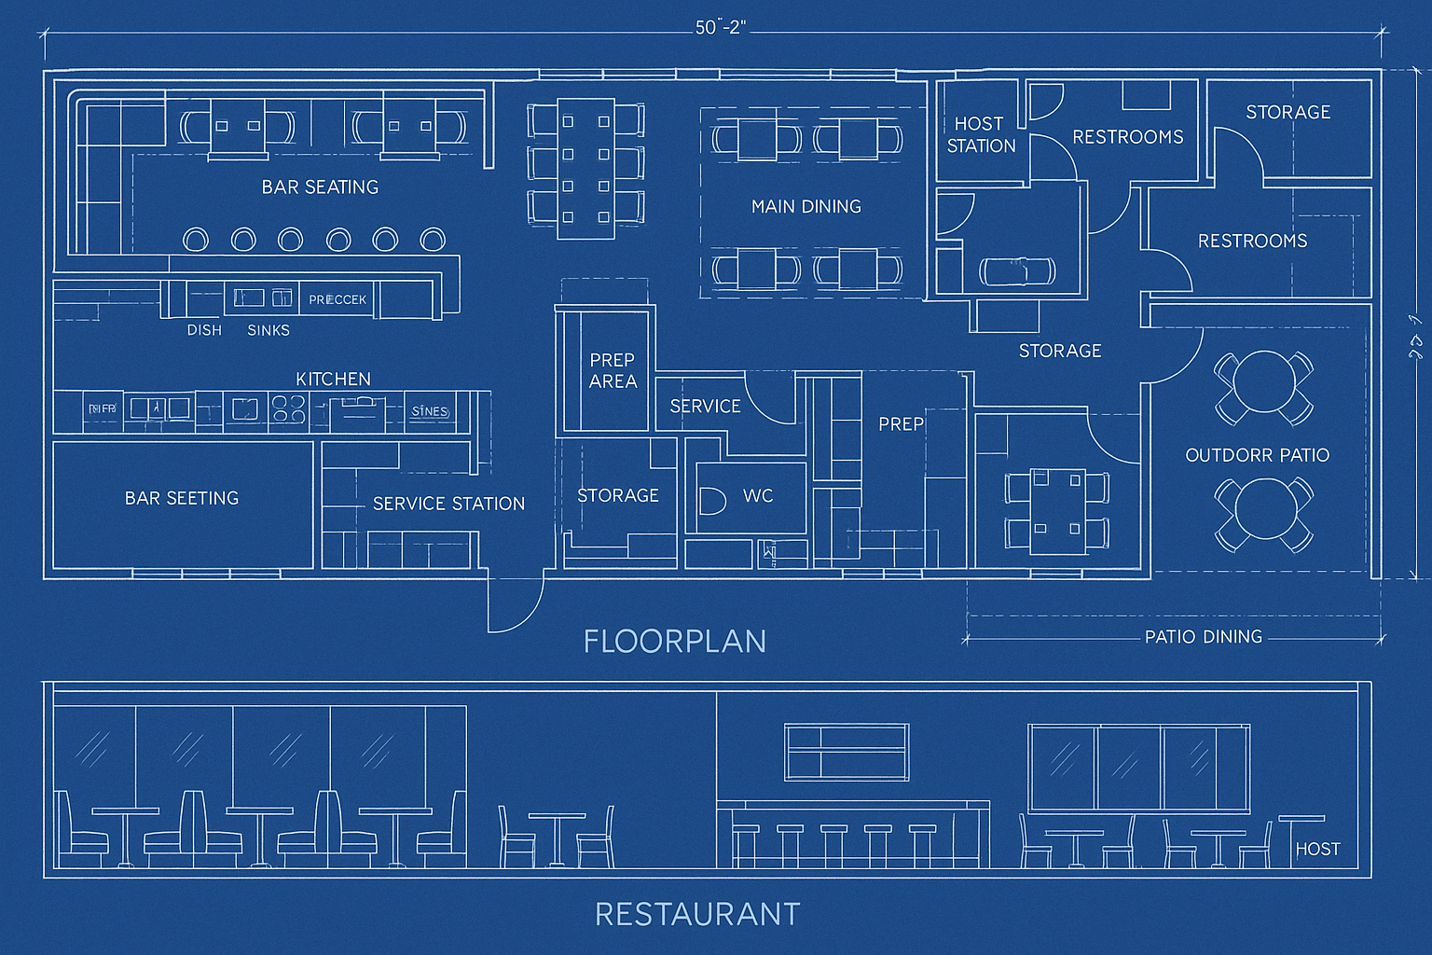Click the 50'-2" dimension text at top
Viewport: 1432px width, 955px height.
click(x=721, y=28)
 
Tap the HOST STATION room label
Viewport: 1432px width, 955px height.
click(x=980, y=134)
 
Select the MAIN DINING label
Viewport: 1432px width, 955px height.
click(x=806, y=206)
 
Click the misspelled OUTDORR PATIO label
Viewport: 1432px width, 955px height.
click(x=1257, y=455)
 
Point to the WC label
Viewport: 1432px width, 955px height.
click(x=758, y=496)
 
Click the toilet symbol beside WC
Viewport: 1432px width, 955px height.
click(x=712, y=501)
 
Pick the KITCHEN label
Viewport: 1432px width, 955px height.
click(x=333, y=379)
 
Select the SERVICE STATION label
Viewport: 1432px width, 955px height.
click(x=448, y=504)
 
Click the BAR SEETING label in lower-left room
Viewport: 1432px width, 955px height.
click(x=182, y=498)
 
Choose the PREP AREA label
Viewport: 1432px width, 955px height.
click(x=613, y=370)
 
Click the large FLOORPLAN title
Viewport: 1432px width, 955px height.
click(x=675, y=642)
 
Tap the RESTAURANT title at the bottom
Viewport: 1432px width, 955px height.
click(x=697, y=914)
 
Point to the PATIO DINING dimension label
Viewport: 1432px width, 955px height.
click(x=1203, y=637)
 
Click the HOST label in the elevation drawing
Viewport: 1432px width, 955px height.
click(x=1317, y=850)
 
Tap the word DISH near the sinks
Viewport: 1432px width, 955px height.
click(x=204, y=330)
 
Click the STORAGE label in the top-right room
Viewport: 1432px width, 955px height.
click(x=1287, y=112)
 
